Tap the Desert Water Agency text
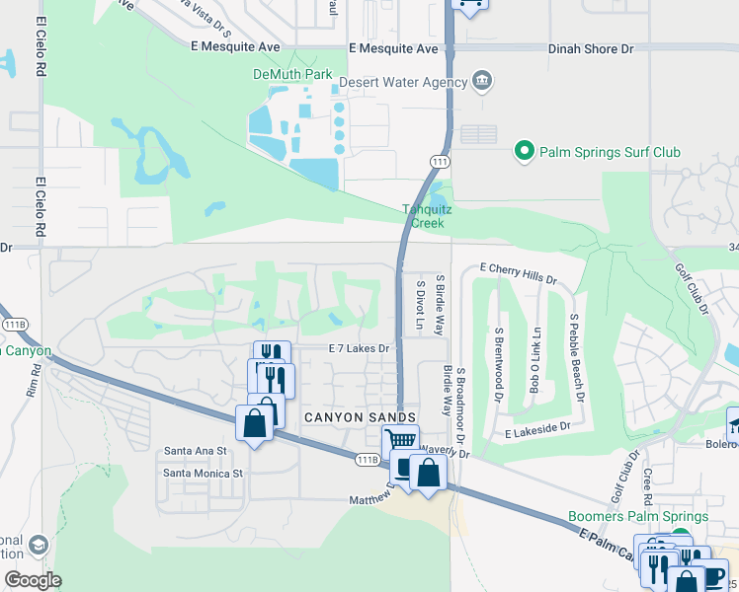402,82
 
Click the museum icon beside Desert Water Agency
482,80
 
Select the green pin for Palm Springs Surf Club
524,152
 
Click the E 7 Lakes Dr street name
360,348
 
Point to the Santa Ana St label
196,451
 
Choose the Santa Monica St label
203,474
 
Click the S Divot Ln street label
419,305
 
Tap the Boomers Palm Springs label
638,516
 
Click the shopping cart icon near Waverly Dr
400,441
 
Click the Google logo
33,580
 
